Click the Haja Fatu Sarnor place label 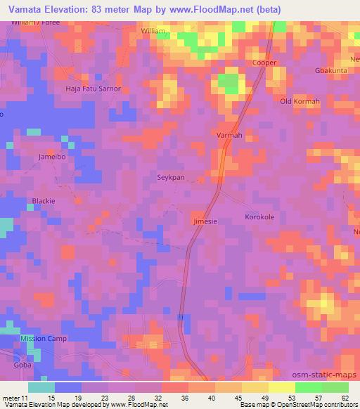coord(94,89)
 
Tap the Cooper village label coord(265,63)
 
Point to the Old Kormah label coord(300,102)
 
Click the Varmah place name coord(229,135)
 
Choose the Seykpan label coord(170,177)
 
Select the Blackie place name coord(44,200)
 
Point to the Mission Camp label coord(43,339)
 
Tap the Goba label coord(22,365)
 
